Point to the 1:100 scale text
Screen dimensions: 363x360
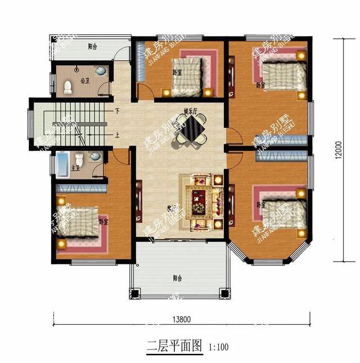click(x=219, y=346)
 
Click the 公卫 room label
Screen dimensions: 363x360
click(x=85, y=80)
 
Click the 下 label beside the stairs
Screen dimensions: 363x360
click(x=117, y=111)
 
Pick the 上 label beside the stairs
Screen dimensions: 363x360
click(x=117, y=135)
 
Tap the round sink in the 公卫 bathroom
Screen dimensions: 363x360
click(x=100, y=71)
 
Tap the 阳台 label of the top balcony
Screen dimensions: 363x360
click(x=92, y=47)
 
